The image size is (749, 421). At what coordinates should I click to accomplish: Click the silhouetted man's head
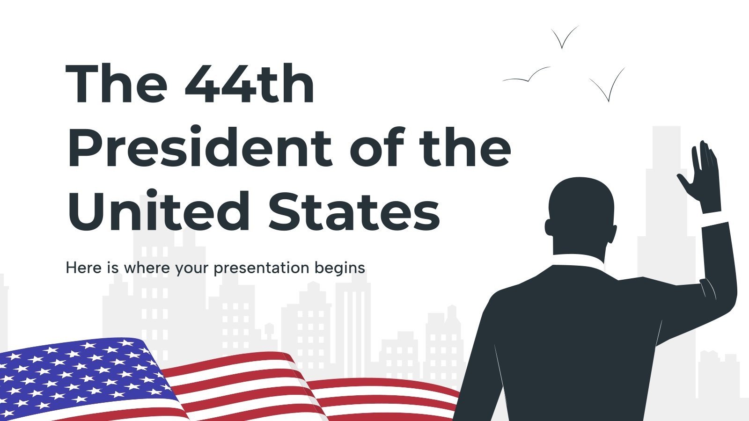(580, 210)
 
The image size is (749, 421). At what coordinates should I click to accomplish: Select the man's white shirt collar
(578, 260)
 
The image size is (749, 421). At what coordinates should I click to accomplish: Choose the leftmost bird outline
(527, 77)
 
